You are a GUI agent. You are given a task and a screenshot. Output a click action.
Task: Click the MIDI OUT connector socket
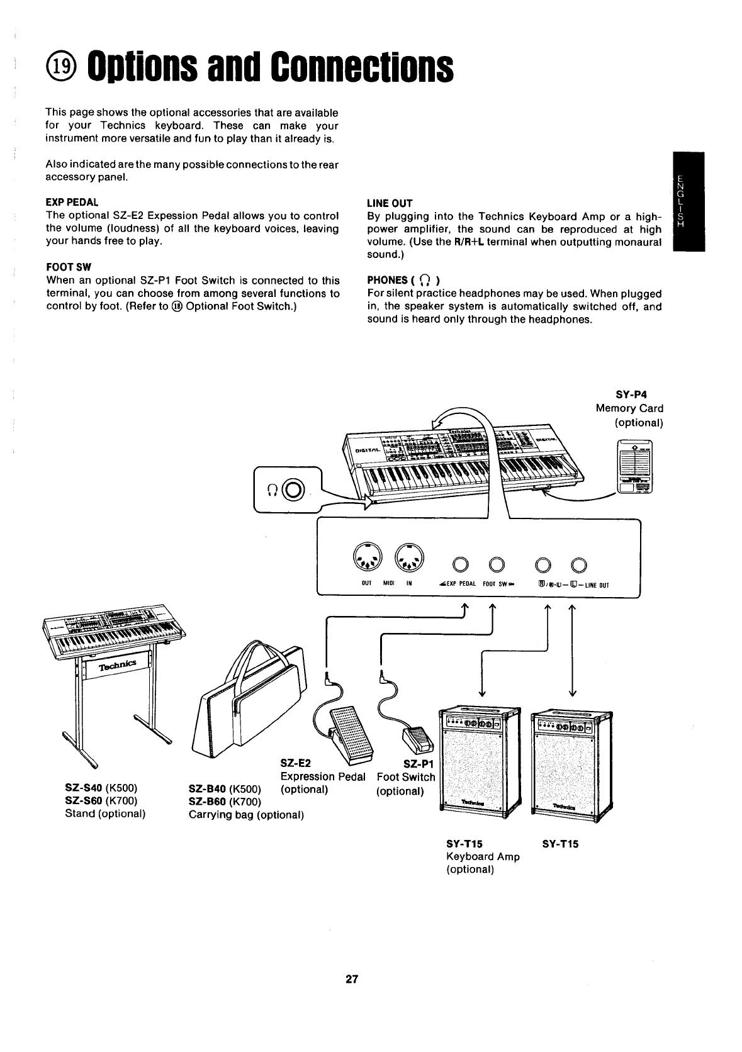(367, 556)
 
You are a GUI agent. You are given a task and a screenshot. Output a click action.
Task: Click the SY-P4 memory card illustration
(634, 467)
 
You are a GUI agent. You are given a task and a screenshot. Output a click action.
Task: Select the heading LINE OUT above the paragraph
(390, 203)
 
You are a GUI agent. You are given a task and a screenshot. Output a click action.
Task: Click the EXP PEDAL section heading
(72, 203)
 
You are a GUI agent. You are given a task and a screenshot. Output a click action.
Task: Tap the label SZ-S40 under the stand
(84, 788)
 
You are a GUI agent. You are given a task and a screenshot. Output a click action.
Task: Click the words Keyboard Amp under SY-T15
(483, 856)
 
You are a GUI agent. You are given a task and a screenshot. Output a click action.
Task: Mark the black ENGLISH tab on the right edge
(688, 201)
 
